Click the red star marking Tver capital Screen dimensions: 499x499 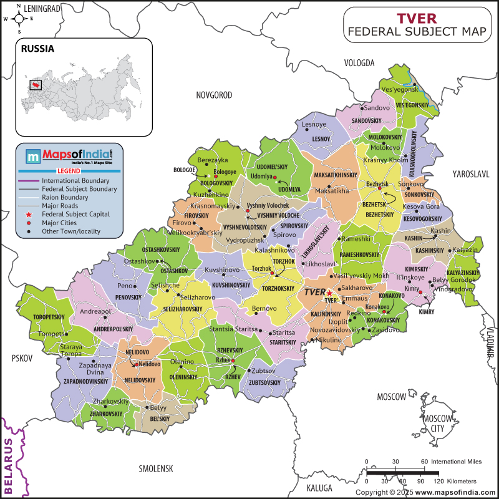329,293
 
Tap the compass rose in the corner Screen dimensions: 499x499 19,19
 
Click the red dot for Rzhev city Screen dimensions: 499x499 233,361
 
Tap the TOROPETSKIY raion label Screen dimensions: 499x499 49,317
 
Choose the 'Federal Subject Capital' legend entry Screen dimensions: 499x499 75,214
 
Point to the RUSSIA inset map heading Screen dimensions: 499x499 37,48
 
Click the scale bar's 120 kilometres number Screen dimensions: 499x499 438,482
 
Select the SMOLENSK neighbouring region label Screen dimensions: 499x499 156,468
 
